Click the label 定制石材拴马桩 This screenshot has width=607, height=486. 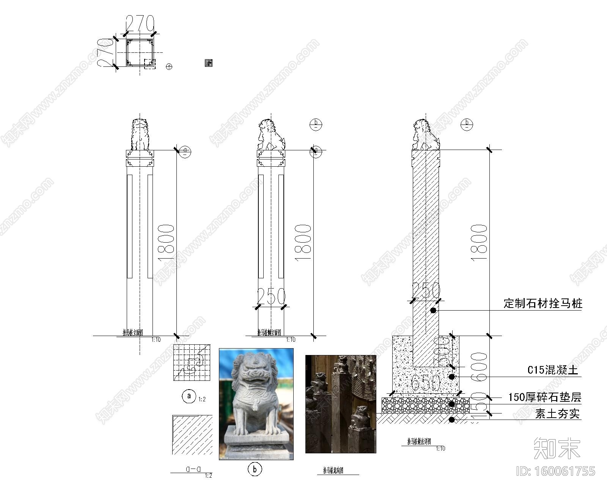543,303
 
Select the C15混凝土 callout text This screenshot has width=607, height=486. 553,370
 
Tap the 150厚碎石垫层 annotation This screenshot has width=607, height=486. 544,397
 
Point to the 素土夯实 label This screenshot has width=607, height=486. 557,413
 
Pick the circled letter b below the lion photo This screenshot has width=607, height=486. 255,469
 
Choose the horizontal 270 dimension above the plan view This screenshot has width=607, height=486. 140,24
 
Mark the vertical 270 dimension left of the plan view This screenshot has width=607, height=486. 105,53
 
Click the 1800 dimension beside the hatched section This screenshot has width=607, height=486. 479,242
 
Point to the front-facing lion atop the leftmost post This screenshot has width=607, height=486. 140,135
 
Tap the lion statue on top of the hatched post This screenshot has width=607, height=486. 425,135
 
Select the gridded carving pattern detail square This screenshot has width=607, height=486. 192,363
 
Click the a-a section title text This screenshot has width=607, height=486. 193,469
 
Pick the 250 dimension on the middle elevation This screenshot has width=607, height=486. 271,297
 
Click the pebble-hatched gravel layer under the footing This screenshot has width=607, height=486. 425,406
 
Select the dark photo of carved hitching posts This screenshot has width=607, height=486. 341,404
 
